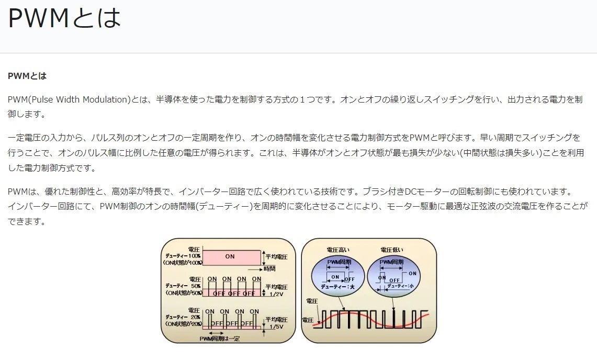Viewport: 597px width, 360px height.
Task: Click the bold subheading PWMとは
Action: [27, 76]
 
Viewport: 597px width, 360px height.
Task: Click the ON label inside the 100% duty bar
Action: [230, 256]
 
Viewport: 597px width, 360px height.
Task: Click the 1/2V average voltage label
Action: [276, 294]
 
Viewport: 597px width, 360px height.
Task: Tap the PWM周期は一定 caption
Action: [220, 339]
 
